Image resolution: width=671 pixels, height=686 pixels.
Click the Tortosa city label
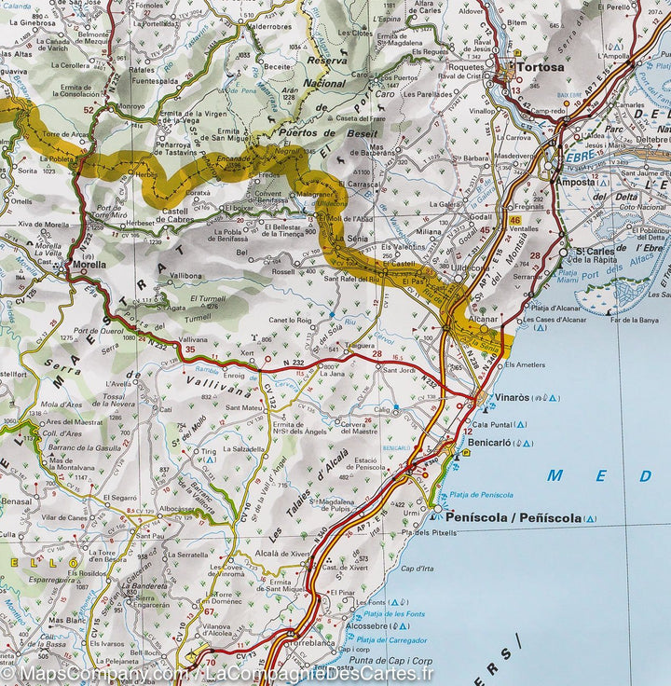click(x=541, y=67)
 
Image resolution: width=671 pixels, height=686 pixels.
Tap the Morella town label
click(x=89, y=265)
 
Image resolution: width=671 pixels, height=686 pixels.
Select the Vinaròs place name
click(x=514, y=397)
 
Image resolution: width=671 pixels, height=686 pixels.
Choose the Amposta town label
click(x=574, y=183)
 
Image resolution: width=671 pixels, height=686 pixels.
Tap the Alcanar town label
click(x=484, y=318)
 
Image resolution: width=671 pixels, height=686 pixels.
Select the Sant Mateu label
click(x=244, y=407)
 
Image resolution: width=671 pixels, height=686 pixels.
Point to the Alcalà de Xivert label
click(x=281, y=553)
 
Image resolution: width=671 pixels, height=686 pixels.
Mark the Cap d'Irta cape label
click(x=417, y=568)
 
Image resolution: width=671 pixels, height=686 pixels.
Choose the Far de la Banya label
click(x=629, y=321)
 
